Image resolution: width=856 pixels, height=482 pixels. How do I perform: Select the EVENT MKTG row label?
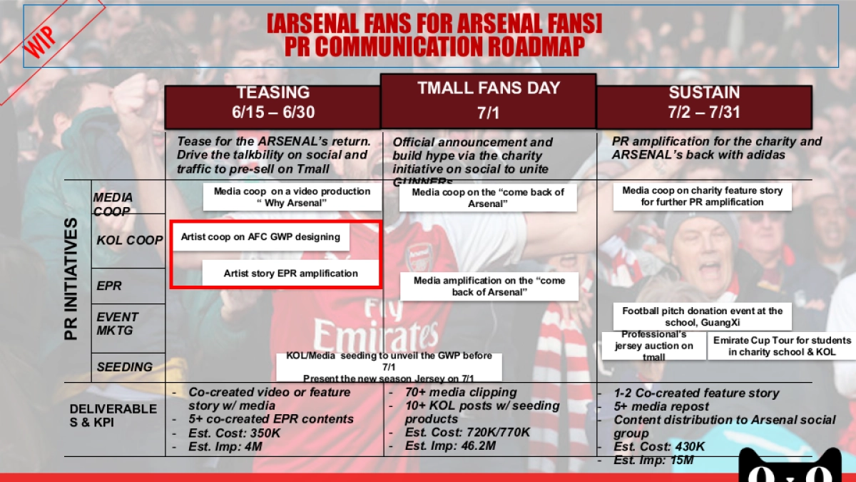118,323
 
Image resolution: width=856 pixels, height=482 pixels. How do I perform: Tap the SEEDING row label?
124,367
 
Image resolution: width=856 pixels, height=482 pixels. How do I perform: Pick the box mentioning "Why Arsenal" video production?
292,197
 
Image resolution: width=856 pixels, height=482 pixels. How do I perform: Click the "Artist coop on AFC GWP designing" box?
260,237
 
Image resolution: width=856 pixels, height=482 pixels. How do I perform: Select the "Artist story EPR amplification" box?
290,273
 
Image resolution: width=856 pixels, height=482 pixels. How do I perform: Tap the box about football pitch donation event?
702,316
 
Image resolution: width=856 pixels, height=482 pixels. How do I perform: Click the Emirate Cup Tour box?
782,346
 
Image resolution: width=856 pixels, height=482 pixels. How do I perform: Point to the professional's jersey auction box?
653,346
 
